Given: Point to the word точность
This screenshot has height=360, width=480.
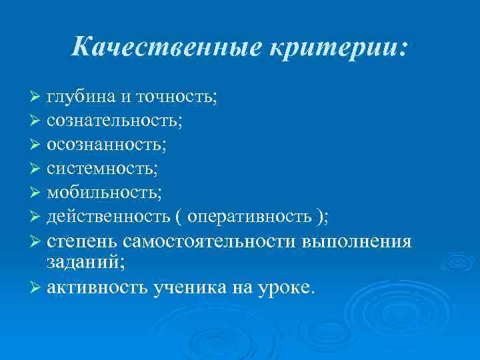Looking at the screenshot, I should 176,97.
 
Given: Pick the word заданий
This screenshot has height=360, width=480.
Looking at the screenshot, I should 81,263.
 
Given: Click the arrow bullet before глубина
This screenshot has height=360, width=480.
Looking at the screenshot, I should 36,97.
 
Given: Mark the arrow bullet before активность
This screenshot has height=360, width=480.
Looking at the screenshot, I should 36,287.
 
